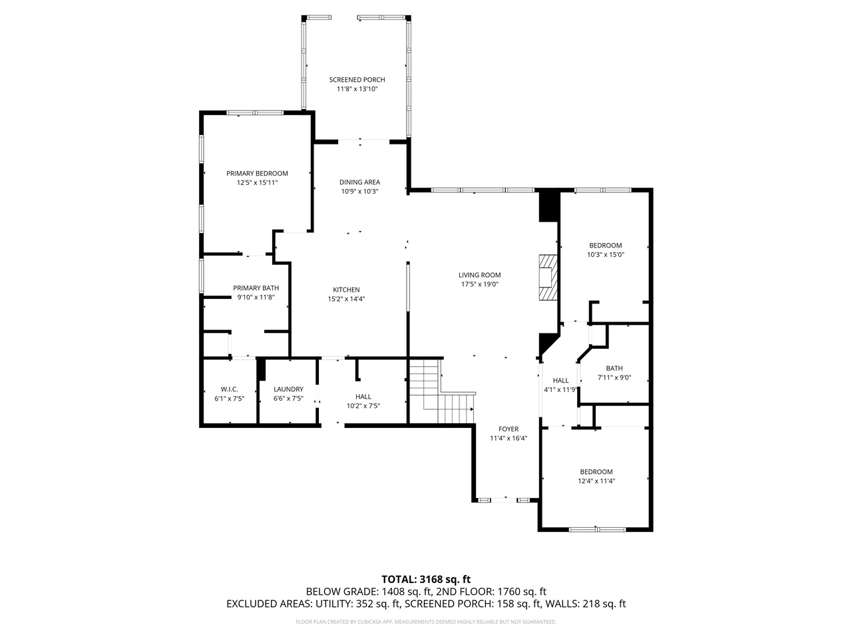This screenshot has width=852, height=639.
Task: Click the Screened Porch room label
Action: [357, 80]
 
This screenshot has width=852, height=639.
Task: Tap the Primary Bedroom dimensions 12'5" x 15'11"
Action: [256, 182]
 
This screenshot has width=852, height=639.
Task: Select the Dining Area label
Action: [359, 182]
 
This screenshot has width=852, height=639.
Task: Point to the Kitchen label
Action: [346, 290]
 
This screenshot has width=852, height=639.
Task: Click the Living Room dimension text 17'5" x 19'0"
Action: [479, 284]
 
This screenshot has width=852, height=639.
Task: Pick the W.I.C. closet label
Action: [229, 389]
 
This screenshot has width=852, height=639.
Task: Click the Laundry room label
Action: [288, 389]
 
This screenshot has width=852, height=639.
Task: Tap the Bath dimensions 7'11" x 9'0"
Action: [614, 378]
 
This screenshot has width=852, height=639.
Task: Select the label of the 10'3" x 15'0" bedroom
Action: [605, 246]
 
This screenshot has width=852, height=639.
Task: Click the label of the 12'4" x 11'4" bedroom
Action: [596, 472]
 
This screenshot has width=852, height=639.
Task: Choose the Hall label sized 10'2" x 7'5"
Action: [363, 397]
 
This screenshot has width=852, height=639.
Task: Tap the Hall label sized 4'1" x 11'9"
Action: [560, 381]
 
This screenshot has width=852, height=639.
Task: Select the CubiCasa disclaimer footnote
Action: [426, 622]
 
